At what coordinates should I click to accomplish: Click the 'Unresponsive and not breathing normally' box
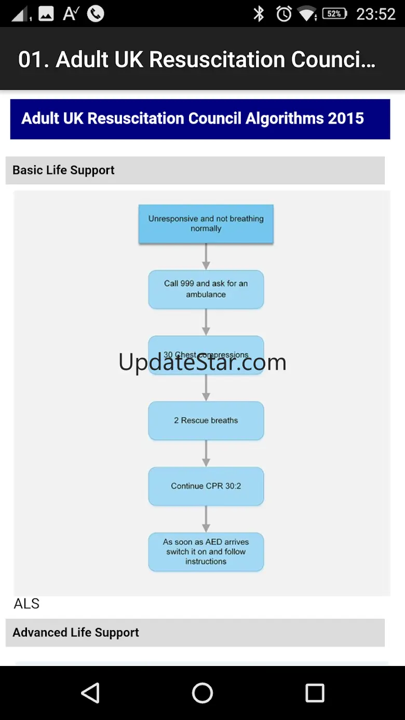(x=206, y=224)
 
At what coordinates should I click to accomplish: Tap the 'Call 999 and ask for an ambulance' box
(x=206, y=289)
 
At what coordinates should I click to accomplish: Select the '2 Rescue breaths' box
(x=206, y=420)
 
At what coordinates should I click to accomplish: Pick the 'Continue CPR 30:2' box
(x=206, y=486)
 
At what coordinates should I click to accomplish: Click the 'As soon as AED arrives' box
(x=206, y=552)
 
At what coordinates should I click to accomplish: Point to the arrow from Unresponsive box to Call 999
(x=206, y=257)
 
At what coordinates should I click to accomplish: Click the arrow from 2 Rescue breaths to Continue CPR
(x=206, y=454)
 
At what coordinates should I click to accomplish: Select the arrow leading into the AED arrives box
(x=206, y=519)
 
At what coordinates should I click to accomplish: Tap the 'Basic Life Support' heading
(x=63, y=170)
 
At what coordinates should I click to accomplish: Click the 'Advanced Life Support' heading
(x=76, y=633)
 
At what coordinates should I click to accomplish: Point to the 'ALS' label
(x=26, y=604)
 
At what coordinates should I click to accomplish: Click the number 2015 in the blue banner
(x=346, y=118)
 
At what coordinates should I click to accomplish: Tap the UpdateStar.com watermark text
(x=203, y=362)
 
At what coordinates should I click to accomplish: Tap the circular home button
(x=203, y=692)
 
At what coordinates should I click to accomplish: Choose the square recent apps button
(x=315, y=692)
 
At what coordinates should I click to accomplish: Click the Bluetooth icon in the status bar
(x=259, y=14)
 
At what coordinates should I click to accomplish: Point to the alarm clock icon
(x=284, y=14)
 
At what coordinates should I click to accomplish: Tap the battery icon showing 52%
(x=335, y=14)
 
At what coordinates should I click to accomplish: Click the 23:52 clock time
(x=376, y=14)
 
